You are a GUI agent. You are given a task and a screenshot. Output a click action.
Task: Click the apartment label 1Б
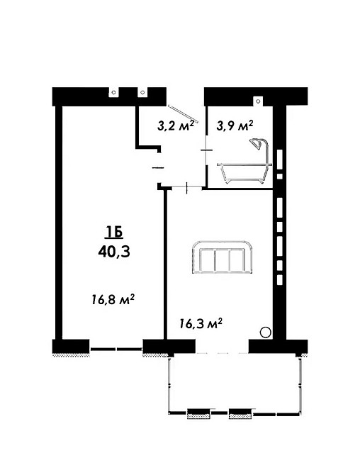point(114,233)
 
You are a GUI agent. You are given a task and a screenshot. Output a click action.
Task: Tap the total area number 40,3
point(114,252)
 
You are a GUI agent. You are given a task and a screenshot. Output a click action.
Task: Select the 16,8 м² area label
point(113,300)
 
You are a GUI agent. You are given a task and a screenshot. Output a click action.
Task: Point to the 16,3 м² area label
point(201,323)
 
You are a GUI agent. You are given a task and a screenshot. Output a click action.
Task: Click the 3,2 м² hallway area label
point(176,125)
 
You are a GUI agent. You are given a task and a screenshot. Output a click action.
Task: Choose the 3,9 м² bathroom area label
point(235,125)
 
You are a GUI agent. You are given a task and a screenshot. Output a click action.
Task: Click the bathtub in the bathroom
point(244,173)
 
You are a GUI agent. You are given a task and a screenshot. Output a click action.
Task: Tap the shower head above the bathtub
point(256,142)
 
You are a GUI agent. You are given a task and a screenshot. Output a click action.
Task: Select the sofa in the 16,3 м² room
point(222,257)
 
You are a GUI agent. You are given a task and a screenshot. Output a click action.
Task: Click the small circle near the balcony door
point(266,332)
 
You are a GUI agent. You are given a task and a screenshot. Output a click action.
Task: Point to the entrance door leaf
point(183,114)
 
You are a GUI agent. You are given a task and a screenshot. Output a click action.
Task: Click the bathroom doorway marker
point(206,150)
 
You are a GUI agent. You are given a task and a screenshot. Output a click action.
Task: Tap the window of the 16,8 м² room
point(116,349)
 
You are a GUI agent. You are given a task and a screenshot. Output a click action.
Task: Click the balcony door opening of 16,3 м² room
point(222,353)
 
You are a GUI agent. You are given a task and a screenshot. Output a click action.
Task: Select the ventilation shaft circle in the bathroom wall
point(258,101)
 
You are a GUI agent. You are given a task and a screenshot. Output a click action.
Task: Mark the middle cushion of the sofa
point(222,260)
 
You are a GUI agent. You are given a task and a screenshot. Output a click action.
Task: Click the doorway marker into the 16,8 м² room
point(157,167)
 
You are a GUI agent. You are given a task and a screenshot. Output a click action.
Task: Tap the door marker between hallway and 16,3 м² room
point(187,188)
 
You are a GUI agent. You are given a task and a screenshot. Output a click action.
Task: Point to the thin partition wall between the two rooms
point(166,264)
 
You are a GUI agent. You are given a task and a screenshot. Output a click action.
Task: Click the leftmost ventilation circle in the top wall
point(113,92)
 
